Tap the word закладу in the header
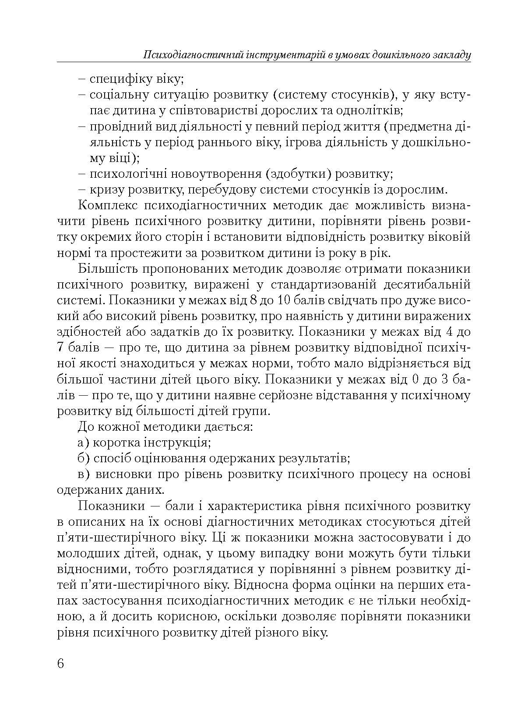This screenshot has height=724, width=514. coord(451,55)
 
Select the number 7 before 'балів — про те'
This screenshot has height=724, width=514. coord(61,348)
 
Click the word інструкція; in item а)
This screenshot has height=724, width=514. coord(177,442)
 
